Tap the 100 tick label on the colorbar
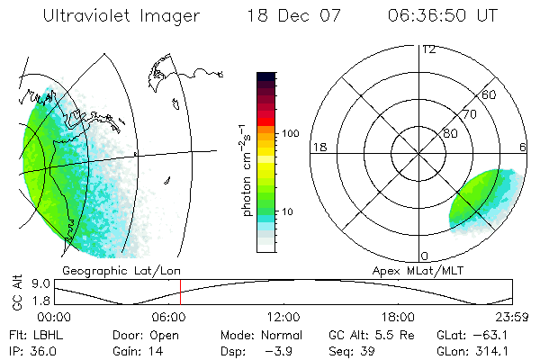[x=291, y=133]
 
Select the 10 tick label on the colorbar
[x=288, y=211]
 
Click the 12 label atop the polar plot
[x=428, y=49]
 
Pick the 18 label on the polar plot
[x=318, y=147]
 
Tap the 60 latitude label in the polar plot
[x=490, y=94]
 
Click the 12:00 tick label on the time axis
[x=283, y=317]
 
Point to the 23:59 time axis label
[x=513, y=317]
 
